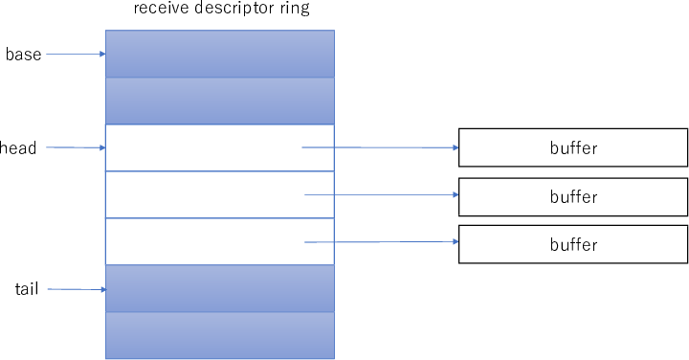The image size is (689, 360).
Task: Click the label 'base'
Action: click(24, 55)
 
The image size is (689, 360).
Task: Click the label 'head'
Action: click(19, 148)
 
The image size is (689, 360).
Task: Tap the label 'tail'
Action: click(27, 288)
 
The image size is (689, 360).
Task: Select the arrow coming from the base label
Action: click(75, 54)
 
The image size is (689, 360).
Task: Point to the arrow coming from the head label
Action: click(75, 147)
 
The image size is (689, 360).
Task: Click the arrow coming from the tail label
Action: click(75, 288)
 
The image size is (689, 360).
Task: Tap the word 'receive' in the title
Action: click(160, 11)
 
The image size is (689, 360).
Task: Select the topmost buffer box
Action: click(573, 147)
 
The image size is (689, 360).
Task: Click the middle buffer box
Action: click(573, 196)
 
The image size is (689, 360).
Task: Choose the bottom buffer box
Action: click(573, 244)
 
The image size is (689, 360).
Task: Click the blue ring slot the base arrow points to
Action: click(219, 54)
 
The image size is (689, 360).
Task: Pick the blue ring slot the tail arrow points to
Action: click(219, 288)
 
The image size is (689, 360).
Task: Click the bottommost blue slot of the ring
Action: click(219, 335)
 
